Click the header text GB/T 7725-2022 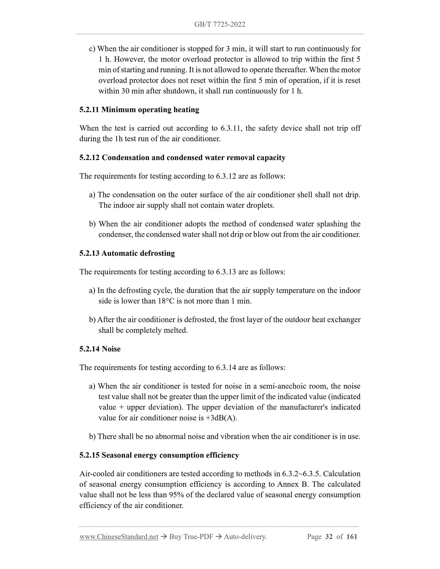220,25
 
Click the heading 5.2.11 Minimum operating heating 139,110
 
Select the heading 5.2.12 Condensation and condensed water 182,158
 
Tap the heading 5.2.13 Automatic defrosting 127,253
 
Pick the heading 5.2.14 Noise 100,349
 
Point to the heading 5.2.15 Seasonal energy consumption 159,455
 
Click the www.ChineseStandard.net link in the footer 119,537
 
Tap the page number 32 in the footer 329,537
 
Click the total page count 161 352,537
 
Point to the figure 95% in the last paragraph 176,495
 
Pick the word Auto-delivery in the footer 245,537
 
